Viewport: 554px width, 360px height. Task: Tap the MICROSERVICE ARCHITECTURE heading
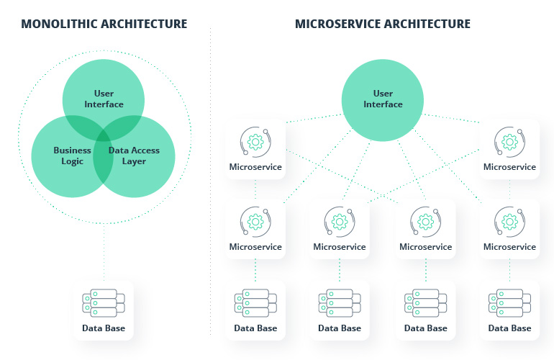coord(382,24)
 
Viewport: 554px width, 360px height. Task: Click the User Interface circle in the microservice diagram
coord(383,99)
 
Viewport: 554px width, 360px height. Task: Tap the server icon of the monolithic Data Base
coord(104,302)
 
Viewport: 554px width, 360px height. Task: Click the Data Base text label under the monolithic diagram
coord(104,328)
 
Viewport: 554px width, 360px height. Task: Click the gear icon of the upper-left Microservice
coord(255,142)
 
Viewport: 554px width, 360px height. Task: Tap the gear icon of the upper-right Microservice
coord(509,142)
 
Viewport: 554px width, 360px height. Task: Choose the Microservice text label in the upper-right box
coord(509,167)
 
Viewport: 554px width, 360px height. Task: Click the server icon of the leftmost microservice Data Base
coord(255,302)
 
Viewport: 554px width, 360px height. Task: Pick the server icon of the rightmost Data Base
coord(509,302)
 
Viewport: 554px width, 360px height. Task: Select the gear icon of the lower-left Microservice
coord(255,221)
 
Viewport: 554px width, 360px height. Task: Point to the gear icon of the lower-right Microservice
coord(509,221)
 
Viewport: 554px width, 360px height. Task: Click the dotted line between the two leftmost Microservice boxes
coord(255,190)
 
